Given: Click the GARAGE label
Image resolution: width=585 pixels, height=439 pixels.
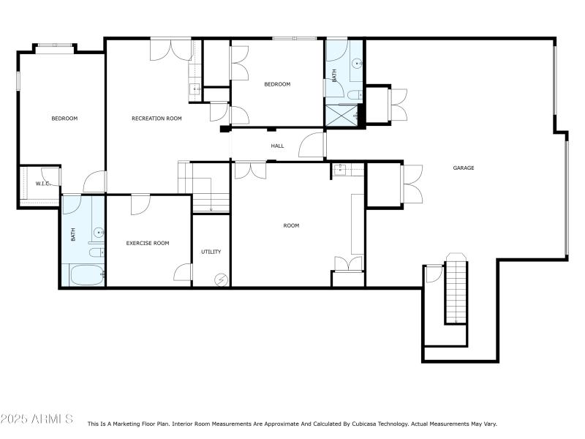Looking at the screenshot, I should point(464,168).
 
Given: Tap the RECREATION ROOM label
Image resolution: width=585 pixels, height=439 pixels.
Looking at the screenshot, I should point(156,118).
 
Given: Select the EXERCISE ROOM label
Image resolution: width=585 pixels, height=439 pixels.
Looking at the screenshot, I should point(148,243).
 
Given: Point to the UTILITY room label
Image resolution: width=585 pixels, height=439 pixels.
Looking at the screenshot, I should point(211,252).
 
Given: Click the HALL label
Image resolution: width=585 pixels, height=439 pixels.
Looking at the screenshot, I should point(277,146).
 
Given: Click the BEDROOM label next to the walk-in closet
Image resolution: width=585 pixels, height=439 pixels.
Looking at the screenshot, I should point(64,118).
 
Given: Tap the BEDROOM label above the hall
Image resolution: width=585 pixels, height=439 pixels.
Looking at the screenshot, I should point(277,84).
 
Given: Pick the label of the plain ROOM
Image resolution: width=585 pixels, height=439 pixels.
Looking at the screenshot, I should point(291,225).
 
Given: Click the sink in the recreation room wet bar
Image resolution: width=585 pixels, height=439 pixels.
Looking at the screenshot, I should point(195,90).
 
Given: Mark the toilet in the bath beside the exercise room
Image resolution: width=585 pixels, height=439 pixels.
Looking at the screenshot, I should point(96,253).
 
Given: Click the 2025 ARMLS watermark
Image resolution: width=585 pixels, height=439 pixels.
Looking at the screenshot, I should point(37,419).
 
